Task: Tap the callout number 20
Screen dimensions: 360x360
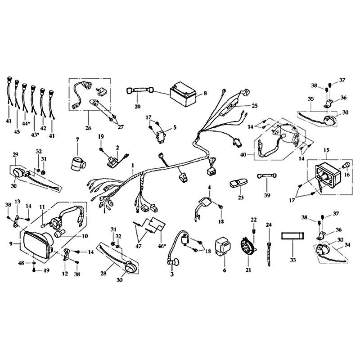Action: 138,107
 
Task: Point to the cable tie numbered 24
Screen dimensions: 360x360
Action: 269,252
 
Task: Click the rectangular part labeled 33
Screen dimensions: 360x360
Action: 293,239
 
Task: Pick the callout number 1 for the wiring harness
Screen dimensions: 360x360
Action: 132,165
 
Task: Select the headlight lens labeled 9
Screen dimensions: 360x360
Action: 37,245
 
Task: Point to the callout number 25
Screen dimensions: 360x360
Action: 255,106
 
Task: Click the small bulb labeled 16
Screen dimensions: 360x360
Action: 346,165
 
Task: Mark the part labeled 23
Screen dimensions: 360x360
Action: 238,184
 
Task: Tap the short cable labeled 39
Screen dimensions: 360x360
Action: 266,175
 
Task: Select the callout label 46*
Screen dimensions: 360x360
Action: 162,246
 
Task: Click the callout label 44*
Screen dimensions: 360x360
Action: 26,123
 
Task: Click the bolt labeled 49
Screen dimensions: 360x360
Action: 34,270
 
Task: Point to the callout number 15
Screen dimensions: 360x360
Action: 326,150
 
